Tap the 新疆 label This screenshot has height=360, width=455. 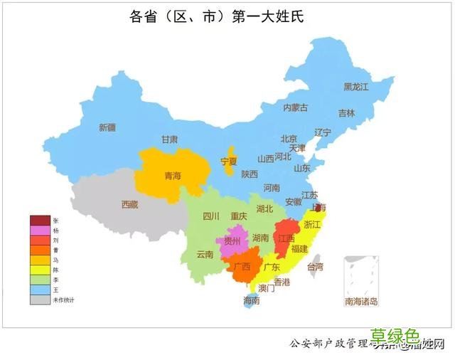107,128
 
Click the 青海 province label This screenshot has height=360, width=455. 173,176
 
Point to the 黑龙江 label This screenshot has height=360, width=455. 356,87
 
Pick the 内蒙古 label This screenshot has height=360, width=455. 295,108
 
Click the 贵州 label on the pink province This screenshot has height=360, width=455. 232,241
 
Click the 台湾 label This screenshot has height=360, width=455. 314,268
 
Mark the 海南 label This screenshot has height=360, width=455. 251,301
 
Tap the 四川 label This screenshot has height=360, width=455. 211,216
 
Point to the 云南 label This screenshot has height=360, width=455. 205,254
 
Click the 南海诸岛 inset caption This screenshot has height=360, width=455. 361,302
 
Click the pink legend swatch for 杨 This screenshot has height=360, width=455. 40,231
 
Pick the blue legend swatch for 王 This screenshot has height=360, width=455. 40,290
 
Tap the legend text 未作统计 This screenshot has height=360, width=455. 64,300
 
